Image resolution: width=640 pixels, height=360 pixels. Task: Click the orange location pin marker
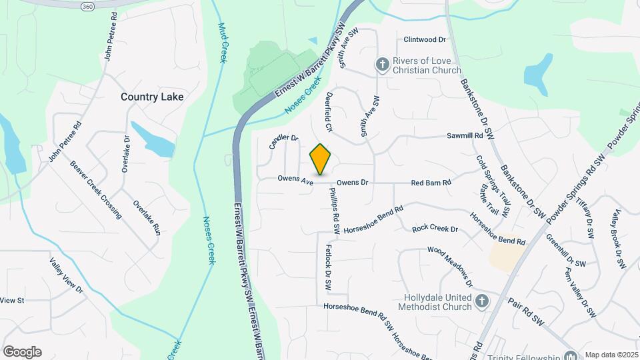[x=321, y=159]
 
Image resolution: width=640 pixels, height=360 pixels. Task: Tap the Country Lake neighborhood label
[x=152, y=97]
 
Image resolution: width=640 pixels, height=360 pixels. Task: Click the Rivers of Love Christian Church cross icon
[x=383, y=65]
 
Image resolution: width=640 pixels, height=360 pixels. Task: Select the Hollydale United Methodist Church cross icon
[x=482, y=302]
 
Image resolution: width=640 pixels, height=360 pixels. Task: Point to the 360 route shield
[x=87, y=6]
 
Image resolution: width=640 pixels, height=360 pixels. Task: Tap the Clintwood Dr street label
[x=423, y=39]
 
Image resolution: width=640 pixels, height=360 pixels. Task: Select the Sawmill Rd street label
[x=464, y=135]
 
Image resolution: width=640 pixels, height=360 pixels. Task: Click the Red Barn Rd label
[x=431, y=182]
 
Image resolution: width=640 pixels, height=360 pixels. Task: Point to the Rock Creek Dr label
[x=435, y=229]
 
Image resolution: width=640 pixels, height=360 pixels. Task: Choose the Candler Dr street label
[x=283, y=141]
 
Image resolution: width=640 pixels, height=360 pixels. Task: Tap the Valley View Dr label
[x=66, y=276]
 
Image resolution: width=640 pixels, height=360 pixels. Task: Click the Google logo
[x=22, y=352]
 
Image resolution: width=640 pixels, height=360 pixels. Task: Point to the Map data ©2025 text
[x=611, y=355]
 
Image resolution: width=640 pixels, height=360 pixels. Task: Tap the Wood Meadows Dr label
[x=450, y=267]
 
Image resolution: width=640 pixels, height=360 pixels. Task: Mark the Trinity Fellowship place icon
[x=570, y=356]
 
